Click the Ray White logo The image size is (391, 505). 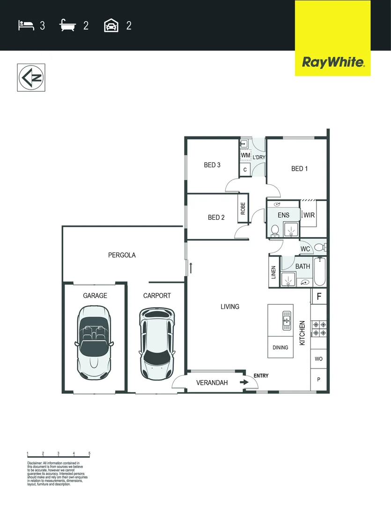[333, 62]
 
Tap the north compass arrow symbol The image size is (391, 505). [31, 77]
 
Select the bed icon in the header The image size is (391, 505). [26, 25]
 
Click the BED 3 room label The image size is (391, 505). [212, 165]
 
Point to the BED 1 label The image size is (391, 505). [299, 168]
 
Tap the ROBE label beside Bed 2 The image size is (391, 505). [243, 208]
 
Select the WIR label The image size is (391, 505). [309, 215]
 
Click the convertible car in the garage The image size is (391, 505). [95, 342]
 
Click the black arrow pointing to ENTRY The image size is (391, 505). [244, 382]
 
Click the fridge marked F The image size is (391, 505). [319, 296]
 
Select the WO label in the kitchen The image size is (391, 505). [318, 359]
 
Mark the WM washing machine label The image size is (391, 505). [245, 155]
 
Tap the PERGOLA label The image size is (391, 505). [122, 255]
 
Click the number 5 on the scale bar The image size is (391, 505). [89, 454]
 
